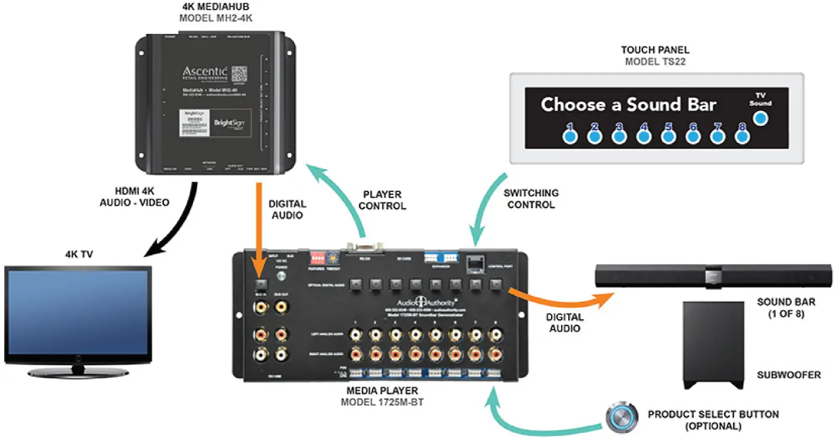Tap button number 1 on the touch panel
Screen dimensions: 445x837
[569, 137]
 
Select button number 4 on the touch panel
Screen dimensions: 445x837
[643, 137]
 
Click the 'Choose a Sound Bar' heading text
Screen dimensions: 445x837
[628, 105]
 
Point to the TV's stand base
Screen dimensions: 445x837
[77, 373]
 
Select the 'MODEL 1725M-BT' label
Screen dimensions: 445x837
[382, 402]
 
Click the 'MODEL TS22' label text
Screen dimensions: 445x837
[655, 61]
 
